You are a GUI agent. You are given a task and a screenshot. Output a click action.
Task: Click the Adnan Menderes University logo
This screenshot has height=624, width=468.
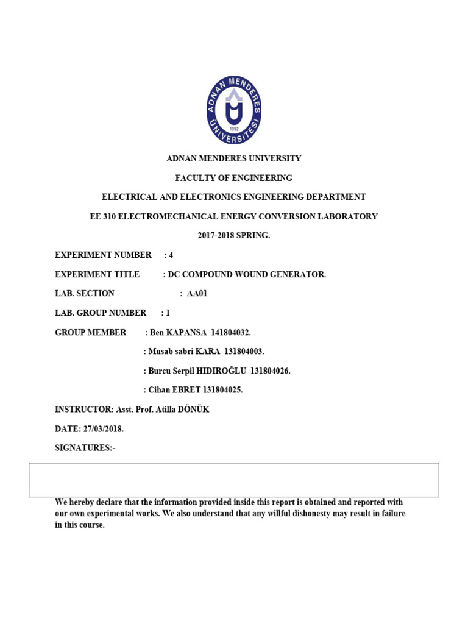(233, 110)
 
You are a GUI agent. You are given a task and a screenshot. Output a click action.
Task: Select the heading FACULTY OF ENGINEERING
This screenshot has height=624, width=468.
(234, 178)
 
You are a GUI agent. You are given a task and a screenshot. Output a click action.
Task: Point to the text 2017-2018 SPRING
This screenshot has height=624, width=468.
(234, 235)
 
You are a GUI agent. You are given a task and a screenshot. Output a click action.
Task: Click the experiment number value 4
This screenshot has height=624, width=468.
(171, 255)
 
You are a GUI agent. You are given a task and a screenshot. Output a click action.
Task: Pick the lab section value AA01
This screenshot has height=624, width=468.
(197, 294)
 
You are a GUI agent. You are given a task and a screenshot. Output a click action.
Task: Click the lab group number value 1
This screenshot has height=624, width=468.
(168, 313)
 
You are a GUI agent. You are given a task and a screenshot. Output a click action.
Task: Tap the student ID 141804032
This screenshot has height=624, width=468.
(230, 333)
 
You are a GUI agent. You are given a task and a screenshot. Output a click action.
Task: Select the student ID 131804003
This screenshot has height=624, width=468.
(244, 352)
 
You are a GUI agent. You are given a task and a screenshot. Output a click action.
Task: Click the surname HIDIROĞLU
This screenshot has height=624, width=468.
(219, 371)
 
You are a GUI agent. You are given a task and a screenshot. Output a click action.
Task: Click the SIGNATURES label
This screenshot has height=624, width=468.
(83, 448)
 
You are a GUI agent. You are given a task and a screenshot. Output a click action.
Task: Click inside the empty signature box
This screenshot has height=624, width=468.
(234, 480)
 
